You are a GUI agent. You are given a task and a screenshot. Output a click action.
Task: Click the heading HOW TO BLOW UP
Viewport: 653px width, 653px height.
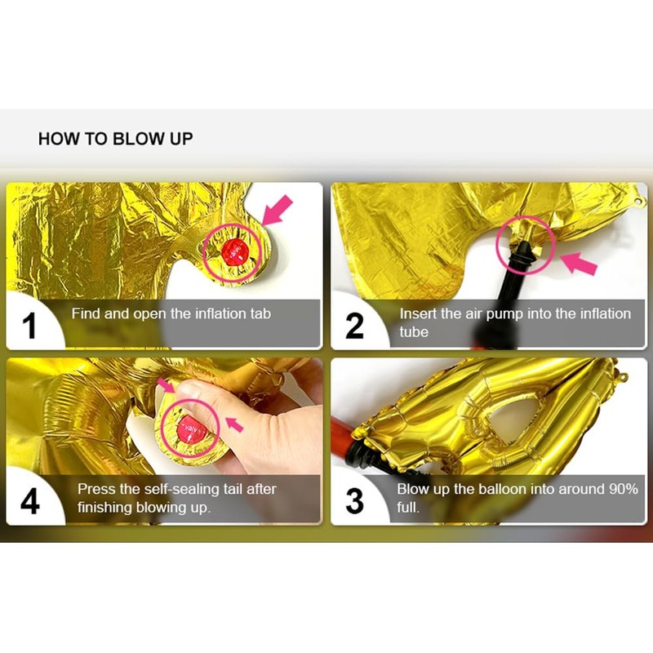click(x=115, y=139)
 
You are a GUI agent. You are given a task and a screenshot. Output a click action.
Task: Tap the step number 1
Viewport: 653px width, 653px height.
click(x=29, y=326)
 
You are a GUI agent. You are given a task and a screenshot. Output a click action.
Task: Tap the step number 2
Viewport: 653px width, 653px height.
click(x=354, y=326)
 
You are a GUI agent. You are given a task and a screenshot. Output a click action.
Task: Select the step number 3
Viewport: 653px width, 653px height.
click(x=354, y=500)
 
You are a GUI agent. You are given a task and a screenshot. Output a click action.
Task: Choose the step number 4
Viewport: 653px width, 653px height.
click(x=29, y=500)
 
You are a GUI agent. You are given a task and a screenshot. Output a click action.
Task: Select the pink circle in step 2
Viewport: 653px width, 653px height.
click(x=525, y=242)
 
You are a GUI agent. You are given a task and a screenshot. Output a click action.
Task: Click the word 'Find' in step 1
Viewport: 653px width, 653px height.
click(x=86, y=313)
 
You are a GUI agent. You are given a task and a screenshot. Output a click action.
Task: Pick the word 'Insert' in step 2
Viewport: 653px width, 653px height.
click(x=419, y=313)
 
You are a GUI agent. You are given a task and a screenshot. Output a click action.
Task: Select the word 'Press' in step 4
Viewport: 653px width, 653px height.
click(x=96, y=489)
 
